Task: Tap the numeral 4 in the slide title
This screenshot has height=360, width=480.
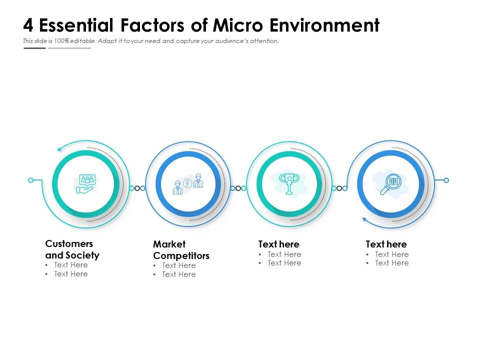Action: pos(28,25)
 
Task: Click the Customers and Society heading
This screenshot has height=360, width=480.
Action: pos(72,249)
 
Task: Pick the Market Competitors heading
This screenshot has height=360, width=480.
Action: pos(181,250)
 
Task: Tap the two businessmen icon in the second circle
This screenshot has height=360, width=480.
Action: pos(188,184)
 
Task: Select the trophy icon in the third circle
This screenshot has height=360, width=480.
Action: pos(289,183)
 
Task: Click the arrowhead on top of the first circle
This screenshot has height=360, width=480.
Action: pos(59,148)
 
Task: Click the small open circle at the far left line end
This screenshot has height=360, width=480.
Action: pos(31,180)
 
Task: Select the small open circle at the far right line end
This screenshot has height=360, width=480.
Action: pos(446,180)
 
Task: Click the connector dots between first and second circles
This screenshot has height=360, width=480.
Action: pos(137,188)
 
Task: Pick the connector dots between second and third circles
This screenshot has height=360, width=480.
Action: pos(238,188)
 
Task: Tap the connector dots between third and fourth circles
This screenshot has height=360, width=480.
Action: pos(339,188)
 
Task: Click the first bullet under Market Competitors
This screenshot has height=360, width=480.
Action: pos(178,265)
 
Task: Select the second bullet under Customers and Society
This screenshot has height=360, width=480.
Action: pos(70,274)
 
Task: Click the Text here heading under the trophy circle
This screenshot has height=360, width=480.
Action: pos(278,244)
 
